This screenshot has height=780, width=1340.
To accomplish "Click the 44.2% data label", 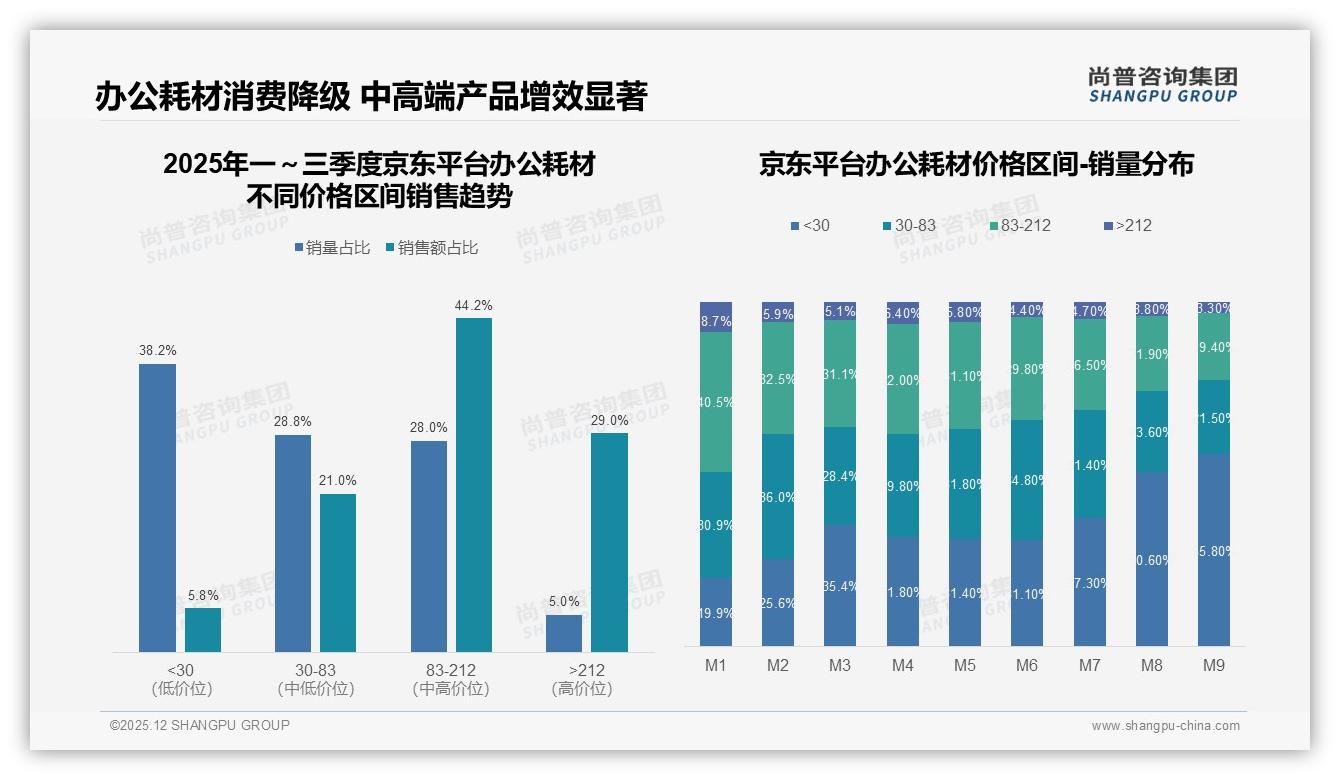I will click(x=473, y=305).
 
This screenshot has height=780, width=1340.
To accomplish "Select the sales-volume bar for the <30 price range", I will click(x=157, y=508).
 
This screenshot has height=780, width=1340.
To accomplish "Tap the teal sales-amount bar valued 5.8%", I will click(x=203, y=630).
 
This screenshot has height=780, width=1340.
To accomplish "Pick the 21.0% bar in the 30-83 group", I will click(x=338, y=573).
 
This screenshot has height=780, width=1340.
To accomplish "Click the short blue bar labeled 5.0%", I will click(x=564, y=633).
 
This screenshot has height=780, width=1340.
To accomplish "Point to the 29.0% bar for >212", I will click(x=609, y=542).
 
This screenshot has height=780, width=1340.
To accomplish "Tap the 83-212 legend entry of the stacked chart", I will click(x=1019, y=226).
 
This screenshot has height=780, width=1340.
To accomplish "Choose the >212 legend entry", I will click(x=1126, y=226).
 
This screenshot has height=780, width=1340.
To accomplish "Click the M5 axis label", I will click(x=965, y=665).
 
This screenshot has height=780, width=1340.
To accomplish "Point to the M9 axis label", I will click(x=1213, y=665).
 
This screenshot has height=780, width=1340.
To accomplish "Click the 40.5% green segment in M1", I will click(x=716, y=402).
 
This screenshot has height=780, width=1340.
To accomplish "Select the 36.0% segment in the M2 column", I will click(x=778, y=496).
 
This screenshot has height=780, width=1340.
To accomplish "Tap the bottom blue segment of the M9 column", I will click(x=1213, y=550).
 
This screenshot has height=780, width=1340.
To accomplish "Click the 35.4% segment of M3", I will click(x=840, y=586).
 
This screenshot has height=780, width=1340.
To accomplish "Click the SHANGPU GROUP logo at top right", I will click(x=1162, y=85).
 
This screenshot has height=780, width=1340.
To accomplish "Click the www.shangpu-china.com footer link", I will click(x=1165, y=726).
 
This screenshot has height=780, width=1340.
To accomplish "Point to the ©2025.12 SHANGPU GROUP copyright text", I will click(x=200, y=725).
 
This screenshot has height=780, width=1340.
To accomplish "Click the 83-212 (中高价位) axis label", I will click(x=450, y=679).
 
